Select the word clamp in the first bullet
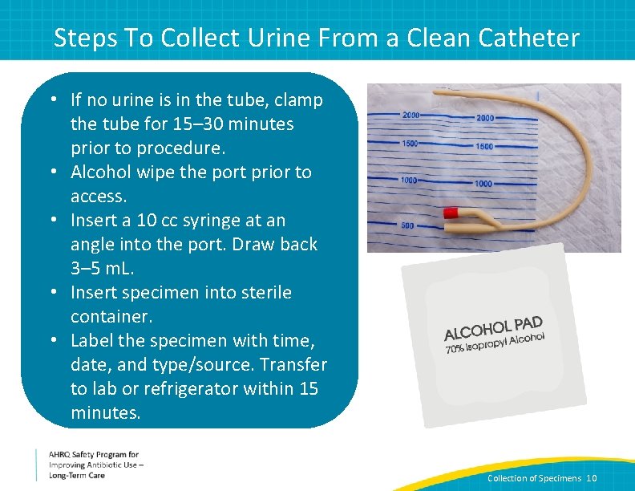pyautogui.click(x=299, y=100)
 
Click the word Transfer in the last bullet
pyautogui.click(x=292, y=365)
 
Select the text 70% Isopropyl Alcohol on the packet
pyautogui.click(x=495, y=343)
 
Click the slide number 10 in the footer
pyautogui.click(x=592, y=478)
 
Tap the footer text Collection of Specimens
pyautogui.click(x=535, y=478)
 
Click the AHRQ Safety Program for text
pyautogui.click(x=93, y=454)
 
